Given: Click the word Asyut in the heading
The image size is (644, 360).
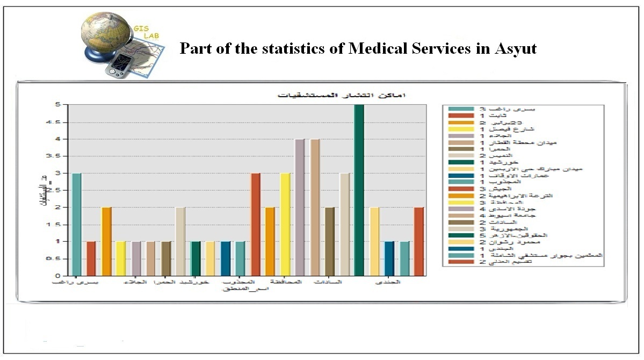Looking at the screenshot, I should (x=516, y=49).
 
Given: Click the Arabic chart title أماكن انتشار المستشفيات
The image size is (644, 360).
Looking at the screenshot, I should (x=341, y=95).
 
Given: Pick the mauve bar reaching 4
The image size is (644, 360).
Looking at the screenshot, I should (x=300, y=207).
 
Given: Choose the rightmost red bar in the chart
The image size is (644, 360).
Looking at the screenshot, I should (x=419, y=241).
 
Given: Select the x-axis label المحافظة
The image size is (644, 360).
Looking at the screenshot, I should (x=285, y=282).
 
